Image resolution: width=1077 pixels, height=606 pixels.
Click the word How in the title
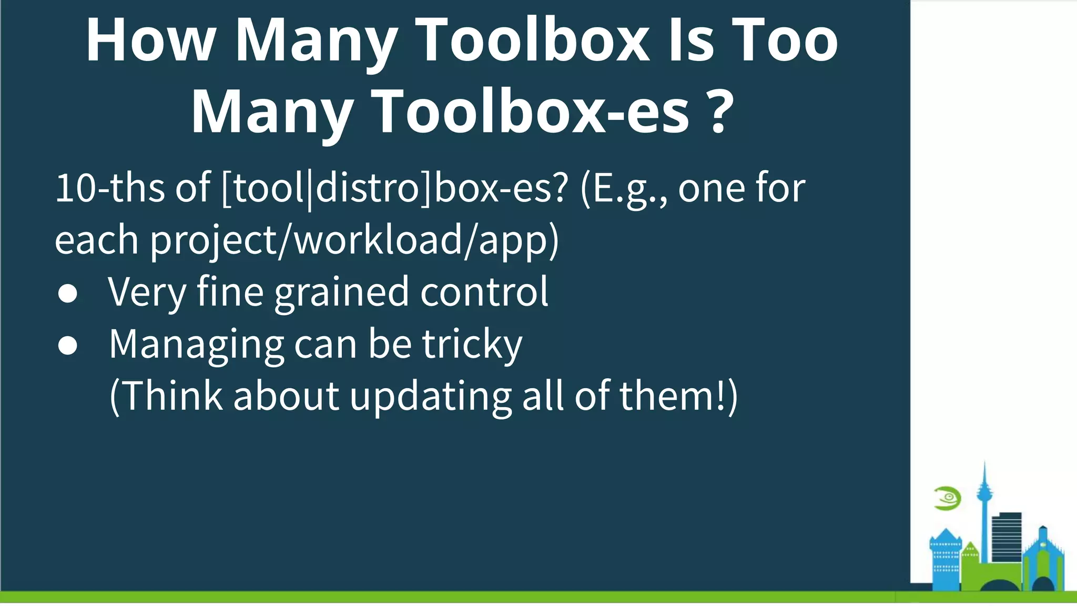click(151, 41)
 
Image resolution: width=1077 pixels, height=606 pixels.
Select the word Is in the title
click(690, 41)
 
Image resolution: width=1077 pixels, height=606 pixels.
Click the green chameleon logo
click(947, 498)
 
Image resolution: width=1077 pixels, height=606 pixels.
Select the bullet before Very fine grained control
click(68, 294)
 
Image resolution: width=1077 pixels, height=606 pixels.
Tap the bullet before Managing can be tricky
click(68, 346)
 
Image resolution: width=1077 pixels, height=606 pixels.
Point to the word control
click(484, 292)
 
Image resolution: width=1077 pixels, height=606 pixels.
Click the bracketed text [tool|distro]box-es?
click(394, 188)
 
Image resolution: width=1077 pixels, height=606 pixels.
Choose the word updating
click(430, 396)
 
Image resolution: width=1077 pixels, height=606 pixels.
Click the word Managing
click(196, 345)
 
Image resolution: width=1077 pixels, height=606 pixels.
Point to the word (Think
click(166, 396)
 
